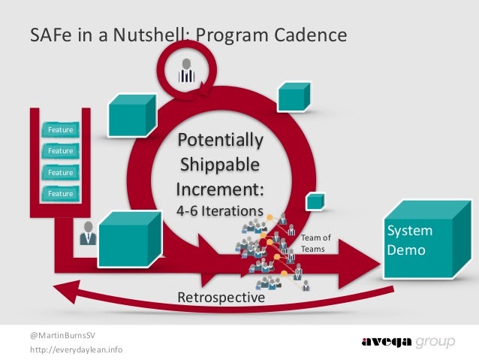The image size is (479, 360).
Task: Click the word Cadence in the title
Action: tap(310, 35)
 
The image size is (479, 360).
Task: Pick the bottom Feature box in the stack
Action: tap(61, 193)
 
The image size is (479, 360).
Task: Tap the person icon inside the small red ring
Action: tap(185, 70)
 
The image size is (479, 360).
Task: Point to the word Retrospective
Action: tap(221, 298)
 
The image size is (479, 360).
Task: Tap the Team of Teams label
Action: tap(315, 244)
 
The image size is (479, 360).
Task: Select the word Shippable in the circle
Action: tap(219, 164)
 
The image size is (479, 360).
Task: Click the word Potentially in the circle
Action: tap(219, 141)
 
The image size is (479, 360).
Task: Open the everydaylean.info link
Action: tap(77, 350)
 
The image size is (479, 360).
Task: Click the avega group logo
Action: tap(408, 343)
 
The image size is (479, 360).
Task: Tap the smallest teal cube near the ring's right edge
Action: tap(315, 201)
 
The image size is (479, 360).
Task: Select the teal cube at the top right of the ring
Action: tap(291, 95)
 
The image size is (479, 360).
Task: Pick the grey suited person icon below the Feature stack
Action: tap(87, 234)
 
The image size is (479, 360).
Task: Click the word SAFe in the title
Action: tap(47, 35)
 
